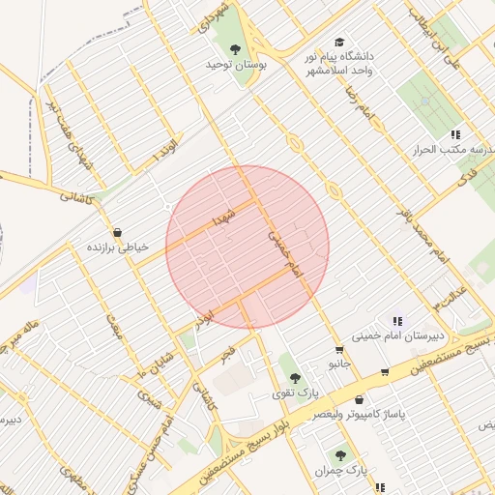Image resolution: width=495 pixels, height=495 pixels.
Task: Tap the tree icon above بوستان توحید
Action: (x=235, y=47)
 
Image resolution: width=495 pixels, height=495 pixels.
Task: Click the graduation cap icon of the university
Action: (x=338, y=42)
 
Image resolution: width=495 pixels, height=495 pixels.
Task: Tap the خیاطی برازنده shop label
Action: (x=120, y=247)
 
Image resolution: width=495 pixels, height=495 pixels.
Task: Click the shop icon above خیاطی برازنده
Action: (x=117, y=232)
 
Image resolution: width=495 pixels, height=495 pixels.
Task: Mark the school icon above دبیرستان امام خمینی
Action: (x=396, y=320)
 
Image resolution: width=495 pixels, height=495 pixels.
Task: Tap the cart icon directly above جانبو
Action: (x=338, y=350)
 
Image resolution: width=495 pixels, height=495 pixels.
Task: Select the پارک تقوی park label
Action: (x=294, y=393)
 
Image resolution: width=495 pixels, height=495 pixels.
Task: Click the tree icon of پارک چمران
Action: (x=339, y=454)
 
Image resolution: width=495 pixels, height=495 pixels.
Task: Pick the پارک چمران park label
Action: (x=335, y=471)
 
